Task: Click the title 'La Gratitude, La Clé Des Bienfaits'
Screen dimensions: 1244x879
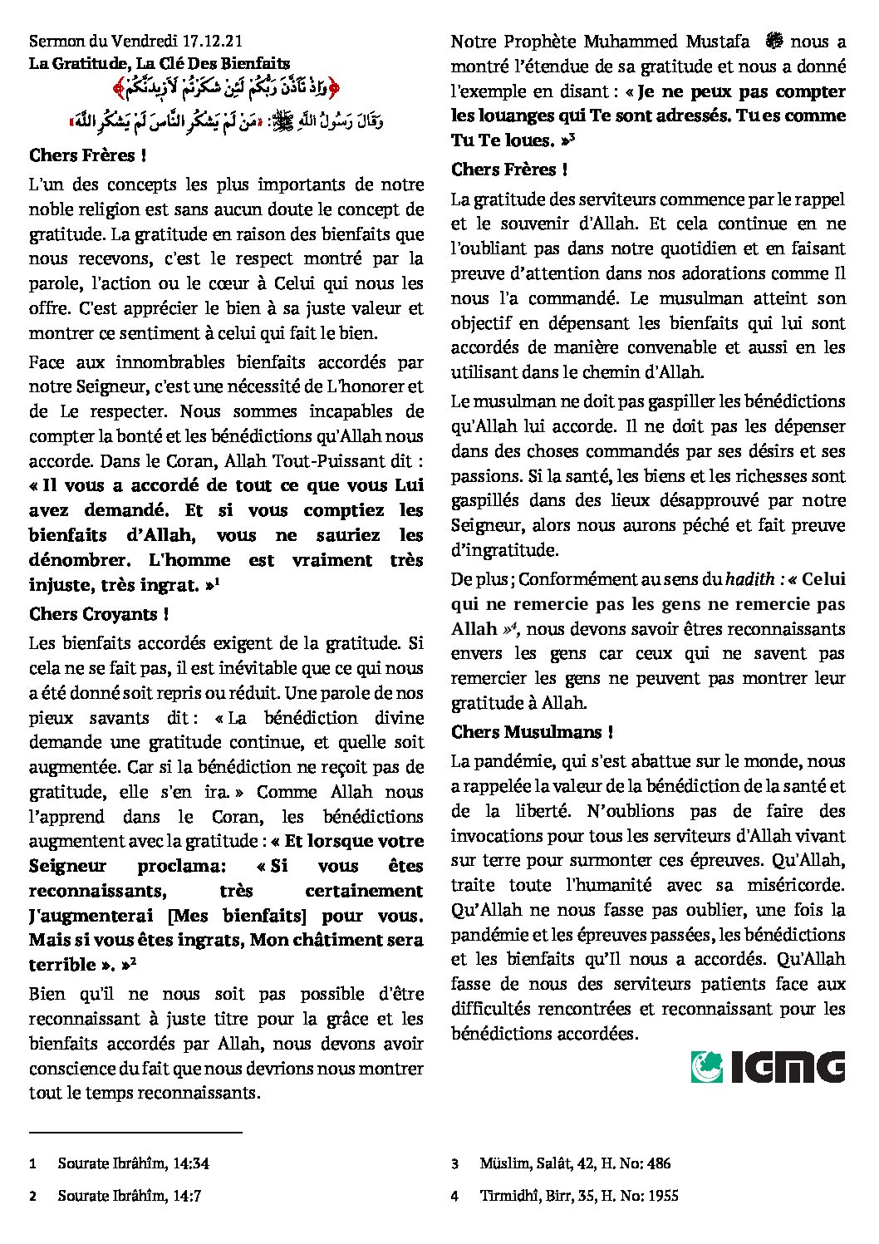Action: click(159, 62)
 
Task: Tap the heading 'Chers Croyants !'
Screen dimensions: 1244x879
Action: click(99, 614)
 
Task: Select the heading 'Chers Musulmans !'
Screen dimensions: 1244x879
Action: click(532, 732)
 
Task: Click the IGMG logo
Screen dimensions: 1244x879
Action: click(768, 1067)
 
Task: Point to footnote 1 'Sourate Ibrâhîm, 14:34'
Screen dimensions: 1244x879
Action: click(133, 1163)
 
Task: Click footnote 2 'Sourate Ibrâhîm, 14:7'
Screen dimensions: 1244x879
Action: click(129, 1196)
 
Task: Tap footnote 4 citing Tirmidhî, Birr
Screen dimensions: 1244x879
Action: click(578, 1196)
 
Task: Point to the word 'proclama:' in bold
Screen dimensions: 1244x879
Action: click(181, 866)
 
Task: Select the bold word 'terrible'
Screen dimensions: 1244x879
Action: click(62, 965)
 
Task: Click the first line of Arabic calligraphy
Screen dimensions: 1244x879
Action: click(226, 86)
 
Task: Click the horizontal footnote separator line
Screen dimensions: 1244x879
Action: click(135, 1132)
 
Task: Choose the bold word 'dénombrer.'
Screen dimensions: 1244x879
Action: click(83, 560)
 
